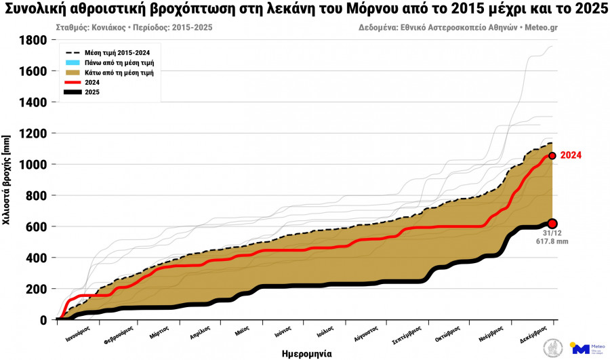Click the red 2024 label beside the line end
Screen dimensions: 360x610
571,155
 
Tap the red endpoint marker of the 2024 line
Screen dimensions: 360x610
552,156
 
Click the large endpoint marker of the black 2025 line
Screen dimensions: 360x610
552,224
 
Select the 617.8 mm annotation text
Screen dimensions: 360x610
552,241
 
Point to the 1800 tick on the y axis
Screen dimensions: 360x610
33,40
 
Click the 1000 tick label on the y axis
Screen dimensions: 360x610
33,165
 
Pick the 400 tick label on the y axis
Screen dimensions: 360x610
37,258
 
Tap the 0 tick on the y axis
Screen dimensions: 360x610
43,320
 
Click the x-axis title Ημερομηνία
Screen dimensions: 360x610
306,353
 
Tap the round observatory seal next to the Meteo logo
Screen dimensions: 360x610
553,348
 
